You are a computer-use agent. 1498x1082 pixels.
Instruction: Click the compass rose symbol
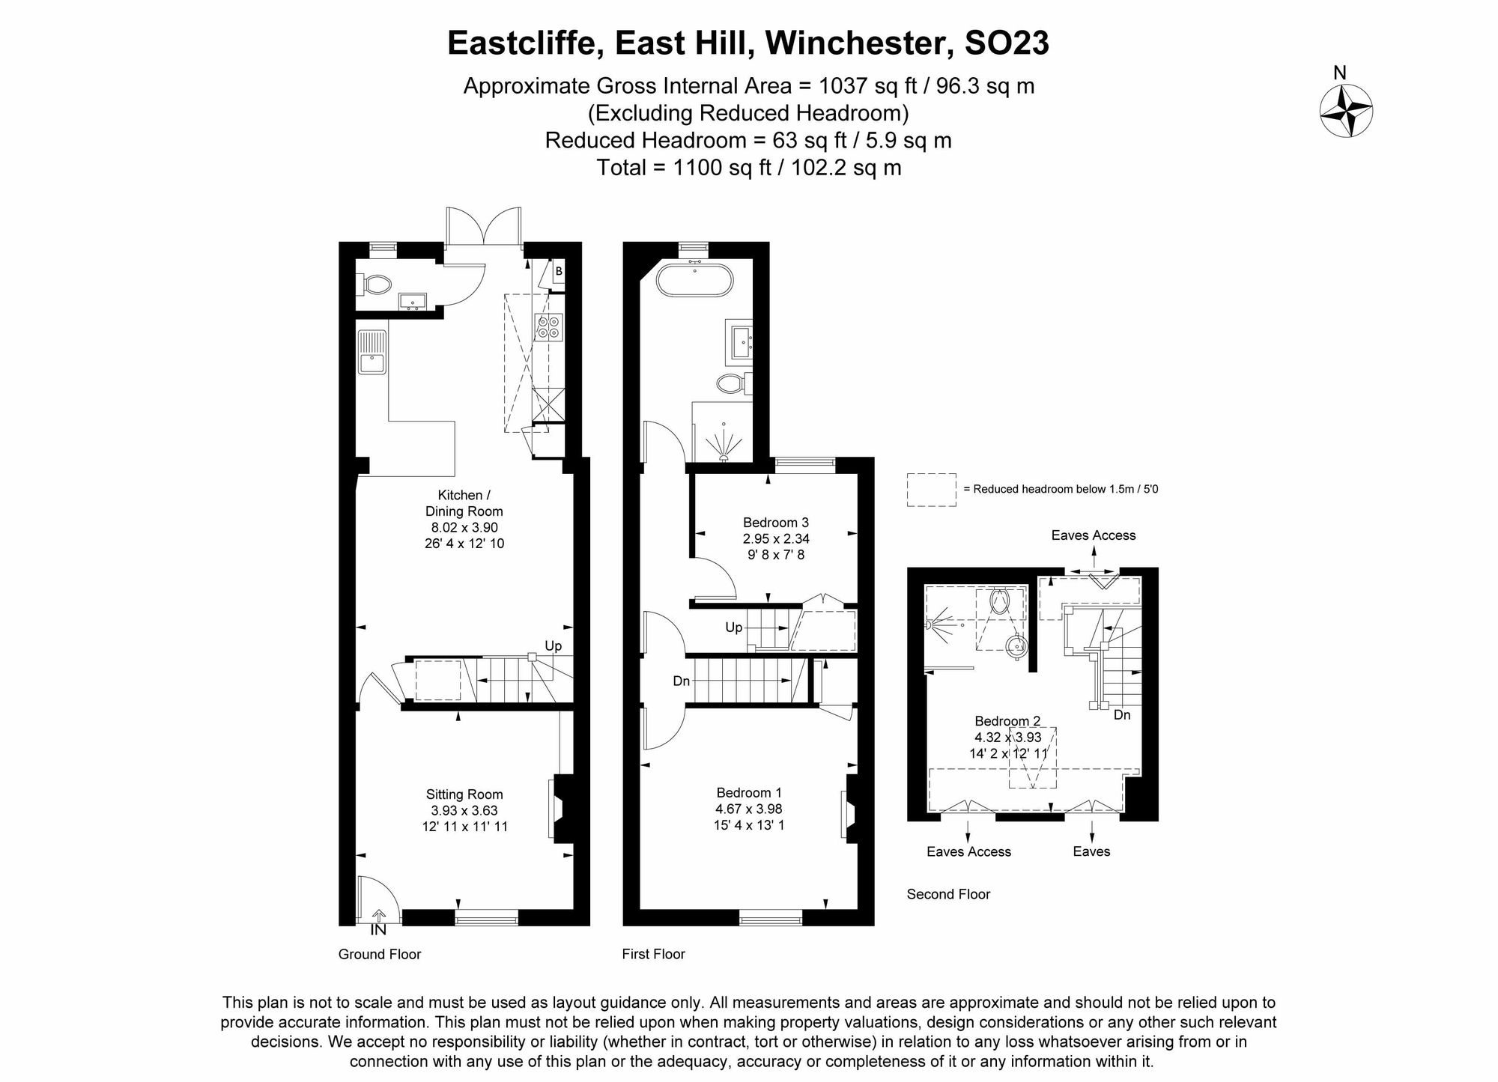coord(1346,111)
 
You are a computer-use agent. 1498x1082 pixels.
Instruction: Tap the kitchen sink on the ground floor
coord(372,352)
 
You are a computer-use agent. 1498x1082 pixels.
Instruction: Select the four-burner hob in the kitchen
coord(549,327)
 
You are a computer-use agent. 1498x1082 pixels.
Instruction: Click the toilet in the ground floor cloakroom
coord(377,285)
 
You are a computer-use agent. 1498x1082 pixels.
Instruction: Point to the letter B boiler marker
coord(559,271)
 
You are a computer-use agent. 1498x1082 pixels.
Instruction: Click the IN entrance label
coord(379,930)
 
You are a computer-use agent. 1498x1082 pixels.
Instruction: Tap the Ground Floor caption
coord(380,954)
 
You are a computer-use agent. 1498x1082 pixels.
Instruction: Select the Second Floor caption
coord(948,894)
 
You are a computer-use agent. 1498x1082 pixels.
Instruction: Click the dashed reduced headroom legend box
coord(931,490)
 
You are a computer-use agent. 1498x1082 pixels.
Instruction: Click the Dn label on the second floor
coord(1122,715)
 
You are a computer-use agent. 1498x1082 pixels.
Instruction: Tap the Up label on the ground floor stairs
coord(553,645)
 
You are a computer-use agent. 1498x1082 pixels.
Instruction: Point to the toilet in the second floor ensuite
coord(1000,601)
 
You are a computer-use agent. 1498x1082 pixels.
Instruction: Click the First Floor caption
coord(653,954)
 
